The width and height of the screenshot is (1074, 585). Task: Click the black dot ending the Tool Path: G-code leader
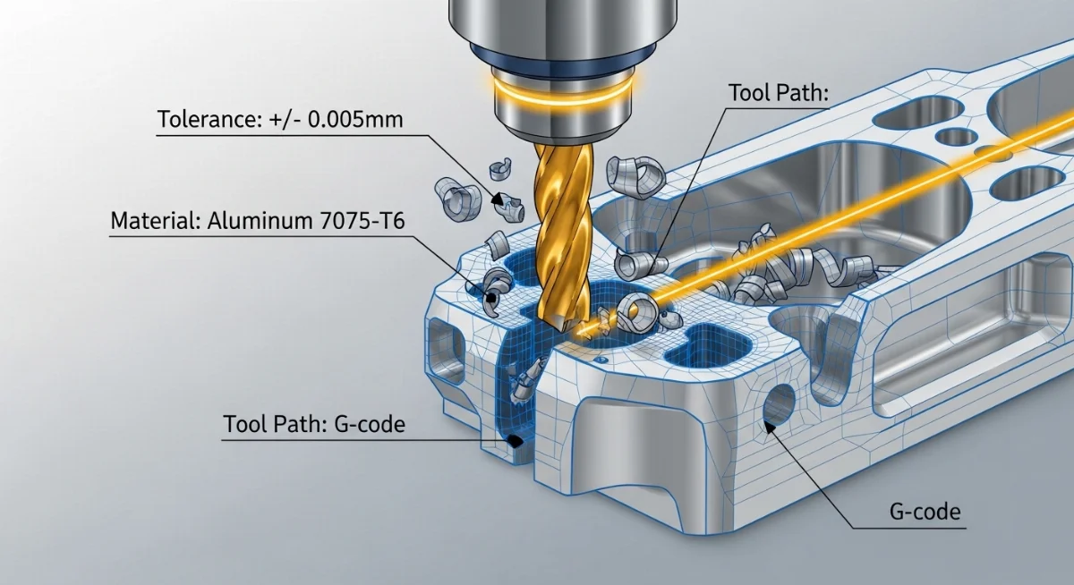[515, 440]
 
